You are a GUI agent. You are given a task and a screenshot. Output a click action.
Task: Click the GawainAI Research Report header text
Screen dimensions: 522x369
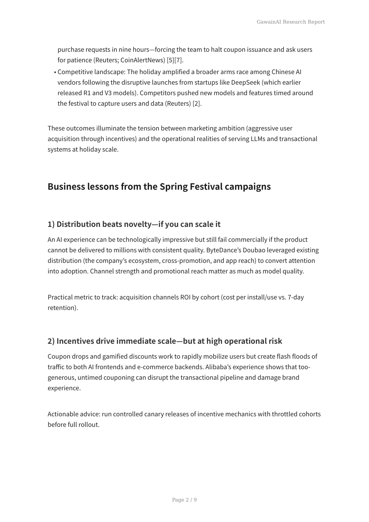(291, 22)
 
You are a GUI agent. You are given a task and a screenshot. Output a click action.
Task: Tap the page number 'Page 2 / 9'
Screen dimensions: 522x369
(184, 500)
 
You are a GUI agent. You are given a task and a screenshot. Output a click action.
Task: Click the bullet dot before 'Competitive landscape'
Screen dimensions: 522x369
(55, 73)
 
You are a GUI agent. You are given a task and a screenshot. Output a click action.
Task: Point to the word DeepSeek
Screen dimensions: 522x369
(245, 82)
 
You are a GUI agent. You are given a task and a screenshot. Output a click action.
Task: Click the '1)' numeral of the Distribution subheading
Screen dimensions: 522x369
(51, 224)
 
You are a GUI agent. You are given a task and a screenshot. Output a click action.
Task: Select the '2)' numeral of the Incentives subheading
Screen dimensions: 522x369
(51, 341)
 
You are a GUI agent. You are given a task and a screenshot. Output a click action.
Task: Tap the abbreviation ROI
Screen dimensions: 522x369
(185, 297)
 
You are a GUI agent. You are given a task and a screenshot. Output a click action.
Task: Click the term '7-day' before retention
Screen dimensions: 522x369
(296, 297)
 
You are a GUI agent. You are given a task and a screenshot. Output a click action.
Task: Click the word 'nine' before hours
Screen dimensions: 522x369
(125, 50)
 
